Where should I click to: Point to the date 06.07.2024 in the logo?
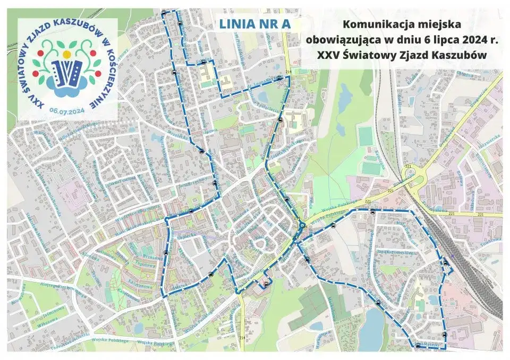point(67,110)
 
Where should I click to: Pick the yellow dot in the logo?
point(66,54)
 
